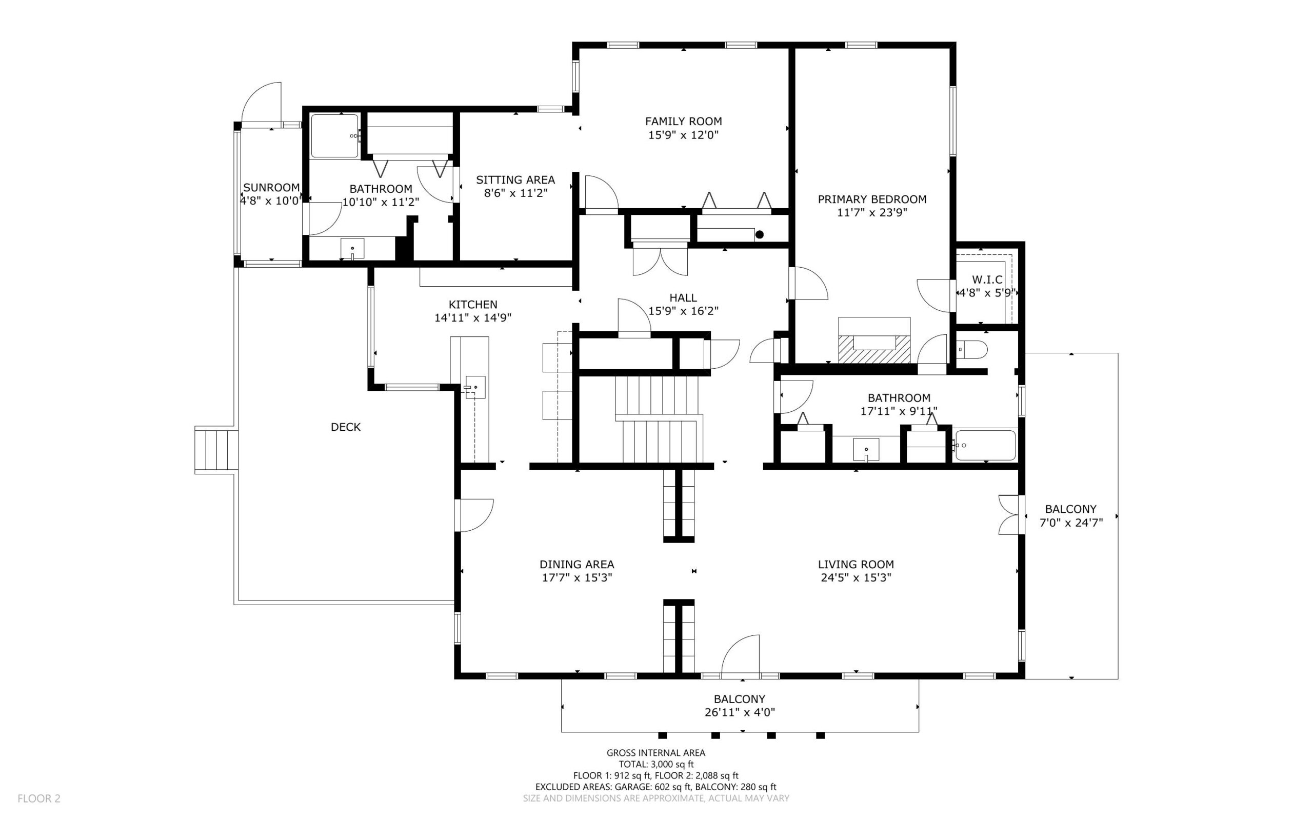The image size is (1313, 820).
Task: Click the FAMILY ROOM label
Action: pyautogui.click(x=683, y=122)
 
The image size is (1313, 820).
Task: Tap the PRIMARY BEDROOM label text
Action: pyautogui.click(x=872, y=199)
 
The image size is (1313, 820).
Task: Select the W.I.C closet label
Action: pyautogui.click(x=987, y=280)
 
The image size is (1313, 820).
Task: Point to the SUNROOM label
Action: pyautogui.click(x=271, y=188)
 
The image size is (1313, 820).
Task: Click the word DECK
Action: pyautogui.click(x=346, y=427)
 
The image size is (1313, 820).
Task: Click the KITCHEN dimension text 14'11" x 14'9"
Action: pyautogui.click(x=473, y=318)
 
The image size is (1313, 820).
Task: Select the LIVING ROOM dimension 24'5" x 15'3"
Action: pyautogui.click(x=856, y=577)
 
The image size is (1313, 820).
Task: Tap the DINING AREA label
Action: pyautogui.click(x=576, y=565)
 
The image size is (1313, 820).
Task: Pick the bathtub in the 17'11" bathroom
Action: pyautogui.click(x=985, y=446)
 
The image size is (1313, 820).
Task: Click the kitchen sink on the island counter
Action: pyautogui.click(x=475, y=387)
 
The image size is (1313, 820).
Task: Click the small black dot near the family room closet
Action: pyautogui.click(x=759, y=235)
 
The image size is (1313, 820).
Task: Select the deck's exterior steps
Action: pyautogui.click(x=216, y=450)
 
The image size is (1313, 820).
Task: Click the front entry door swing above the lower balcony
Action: pyautogui.click(x=741, y=656)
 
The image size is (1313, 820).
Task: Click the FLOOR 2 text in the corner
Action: pyautogui.click(x=39, y=798)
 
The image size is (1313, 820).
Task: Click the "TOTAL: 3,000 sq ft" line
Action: pyautogui.click(x=656, y=765)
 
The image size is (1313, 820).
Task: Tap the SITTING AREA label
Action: pyautogui.click(x=515, y=180)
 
